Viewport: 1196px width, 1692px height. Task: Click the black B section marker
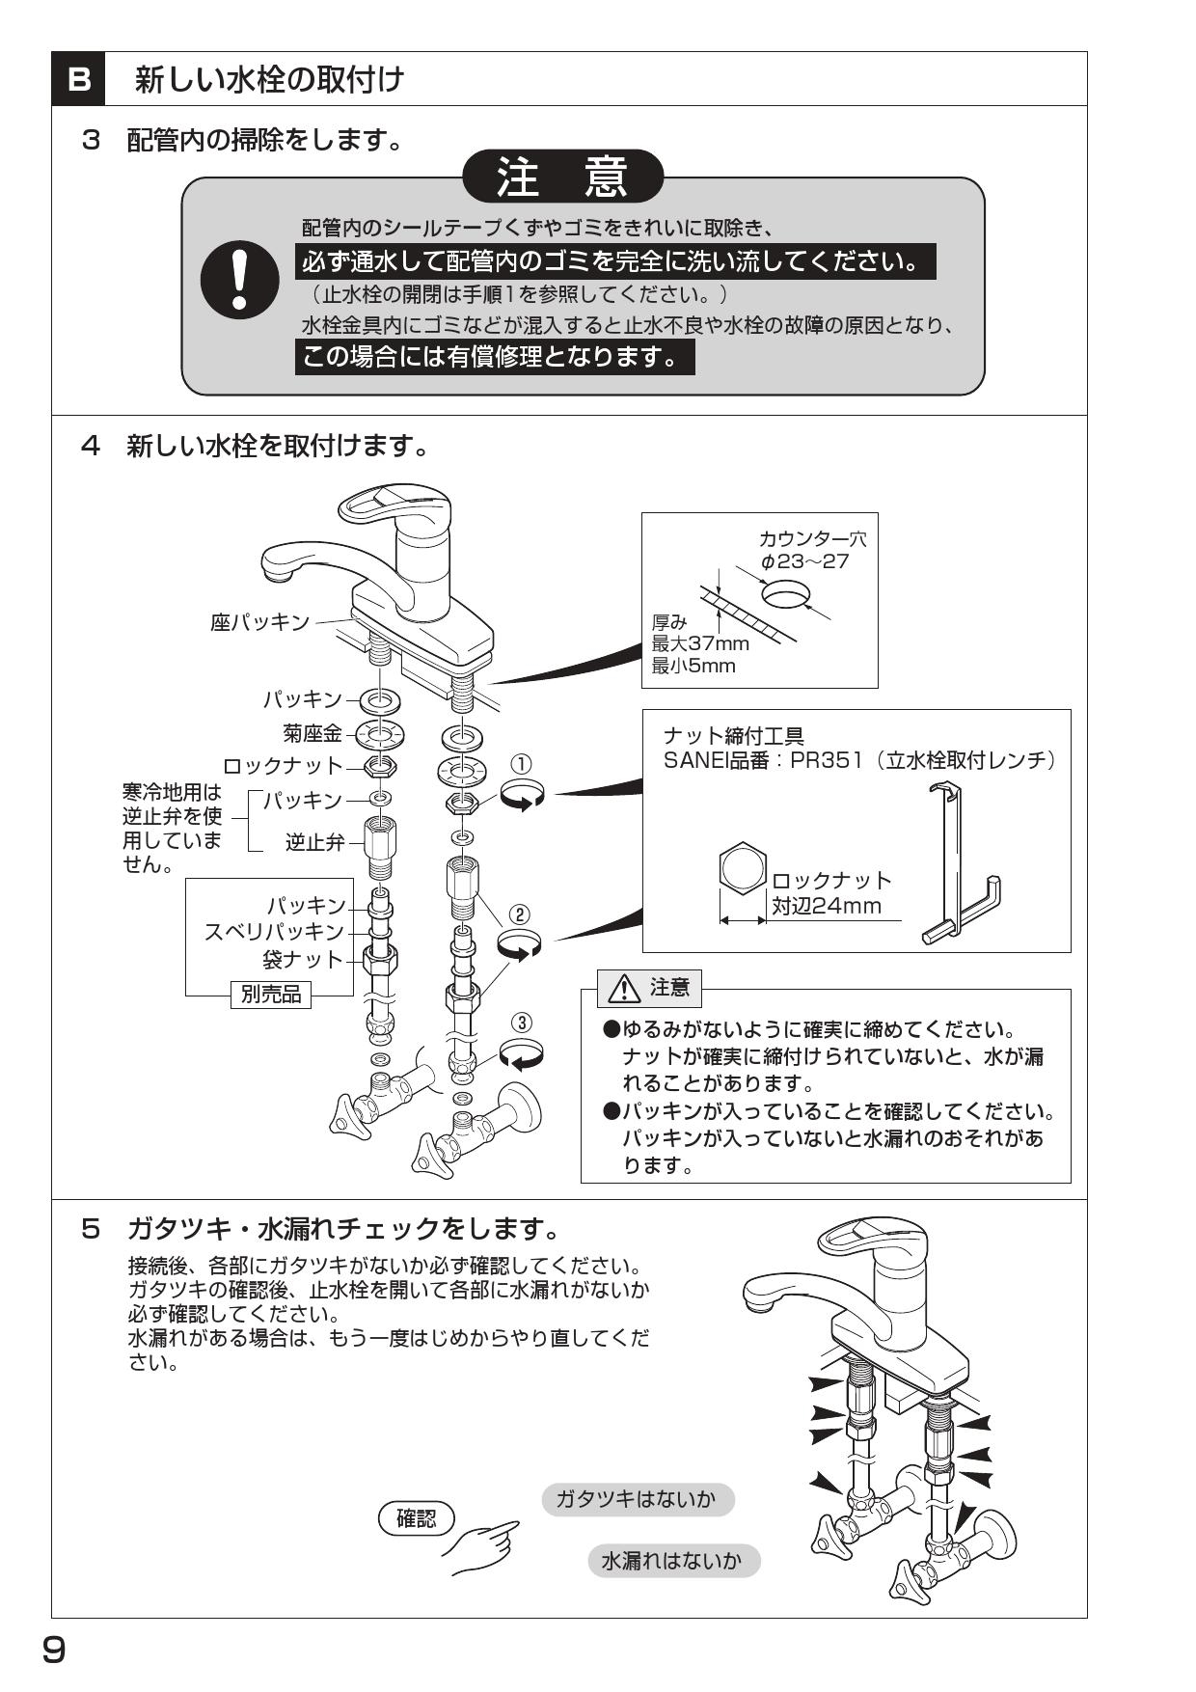(79, 79)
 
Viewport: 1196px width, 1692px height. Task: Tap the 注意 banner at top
(563, 177)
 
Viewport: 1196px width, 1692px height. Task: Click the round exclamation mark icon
(239, 279)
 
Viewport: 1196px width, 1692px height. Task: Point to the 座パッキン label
(260, 622)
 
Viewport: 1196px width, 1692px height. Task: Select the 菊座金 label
(313, 734)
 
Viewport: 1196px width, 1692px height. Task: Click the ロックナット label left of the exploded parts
(283, 767)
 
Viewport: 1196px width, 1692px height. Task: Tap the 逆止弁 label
(314, 842)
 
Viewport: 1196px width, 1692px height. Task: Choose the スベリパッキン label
(274, 932)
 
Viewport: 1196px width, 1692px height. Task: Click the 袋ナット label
(303, 960)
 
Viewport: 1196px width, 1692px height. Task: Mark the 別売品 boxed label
(271, 994)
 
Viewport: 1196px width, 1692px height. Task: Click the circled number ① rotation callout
(521, 765)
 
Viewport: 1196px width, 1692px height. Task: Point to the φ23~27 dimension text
(804, 561)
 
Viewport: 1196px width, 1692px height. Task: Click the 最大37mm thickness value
(700, 643)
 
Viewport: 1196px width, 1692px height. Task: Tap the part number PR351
(822, 760)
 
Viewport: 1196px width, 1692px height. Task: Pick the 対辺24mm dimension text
(827, 906)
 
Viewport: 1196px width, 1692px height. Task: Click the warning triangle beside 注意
(625, 988)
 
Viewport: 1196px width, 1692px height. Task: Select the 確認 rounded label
(416, 1518)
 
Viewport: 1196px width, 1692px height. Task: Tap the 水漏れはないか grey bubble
(672, 1560)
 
